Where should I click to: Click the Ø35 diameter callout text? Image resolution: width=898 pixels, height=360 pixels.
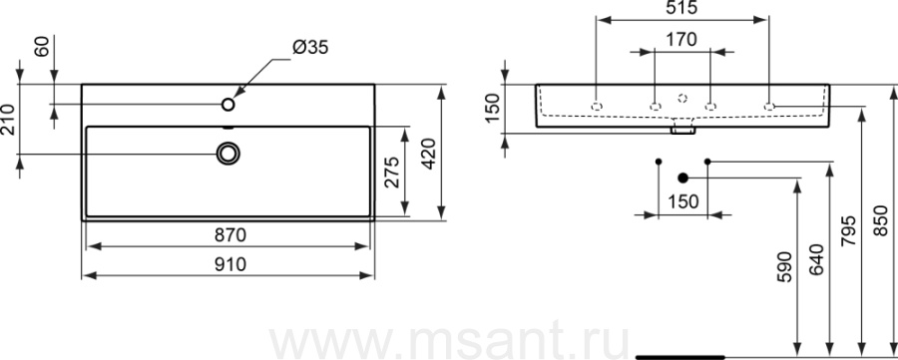click(310, 48)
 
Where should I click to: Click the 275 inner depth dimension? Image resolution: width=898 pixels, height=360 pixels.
click(392, 172)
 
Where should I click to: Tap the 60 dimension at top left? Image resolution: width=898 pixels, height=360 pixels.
click(42, 47)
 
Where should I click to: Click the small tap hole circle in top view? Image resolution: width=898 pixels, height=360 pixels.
click(228, 104)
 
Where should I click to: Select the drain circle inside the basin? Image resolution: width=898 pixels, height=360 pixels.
click(227, 154)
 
